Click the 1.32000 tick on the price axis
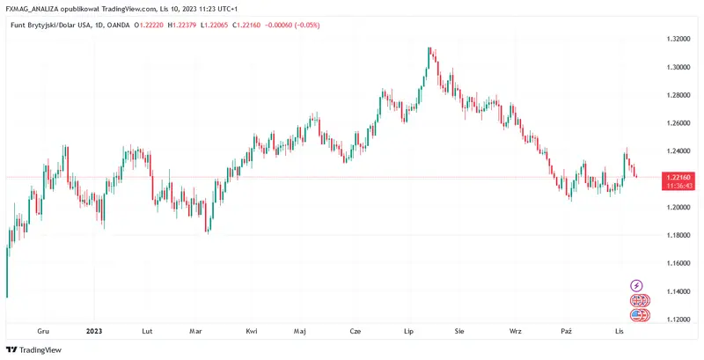pos(677,39)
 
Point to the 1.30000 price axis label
pos(677,67)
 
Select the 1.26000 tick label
pos(677,123)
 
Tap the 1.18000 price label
pos(677,235)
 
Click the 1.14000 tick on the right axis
pos(677,291)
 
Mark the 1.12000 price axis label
pos(677,320)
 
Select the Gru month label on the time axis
pos(42,331)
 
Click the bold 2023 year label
pos(94,331)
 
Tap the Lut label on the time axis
pos(147,331)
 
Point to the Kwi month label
pos(252,331)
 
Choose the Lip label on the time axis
pos(408,331)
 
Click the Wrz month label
pos(515,331)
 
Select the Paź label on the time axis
pos(567,331)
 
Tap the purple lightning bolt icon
pos(637,286)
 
